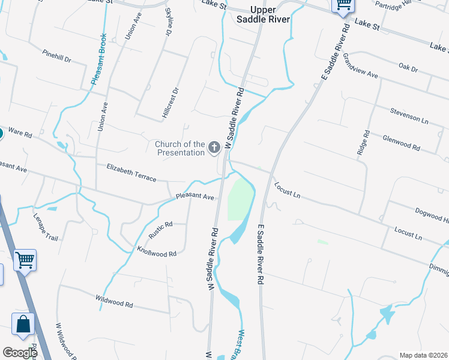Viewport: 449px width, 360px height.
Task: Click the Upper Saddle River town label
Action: (x=270, y=14)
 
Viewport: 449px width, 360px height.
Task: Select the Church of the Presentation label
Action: (x=180, y=148)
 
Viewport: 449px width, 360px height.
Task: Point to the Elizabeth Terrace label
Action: (x=131, y=172)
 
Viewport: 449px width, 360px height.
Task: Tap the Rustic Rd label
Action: (x=160, y=230)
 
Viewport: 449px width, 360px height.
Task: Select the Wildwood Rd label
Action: (x=113, y=300)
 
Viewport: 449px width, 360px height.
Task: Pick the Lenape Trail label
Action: (x=46, y=227)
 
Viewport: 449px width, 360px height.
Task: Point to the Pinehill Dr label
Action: (x=57, y=56)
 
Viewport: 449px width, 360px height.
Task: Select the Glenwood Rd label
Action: (x=401, y=142)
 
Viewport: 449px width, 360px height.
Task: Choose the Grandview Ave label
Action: (x=360, y=67)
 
